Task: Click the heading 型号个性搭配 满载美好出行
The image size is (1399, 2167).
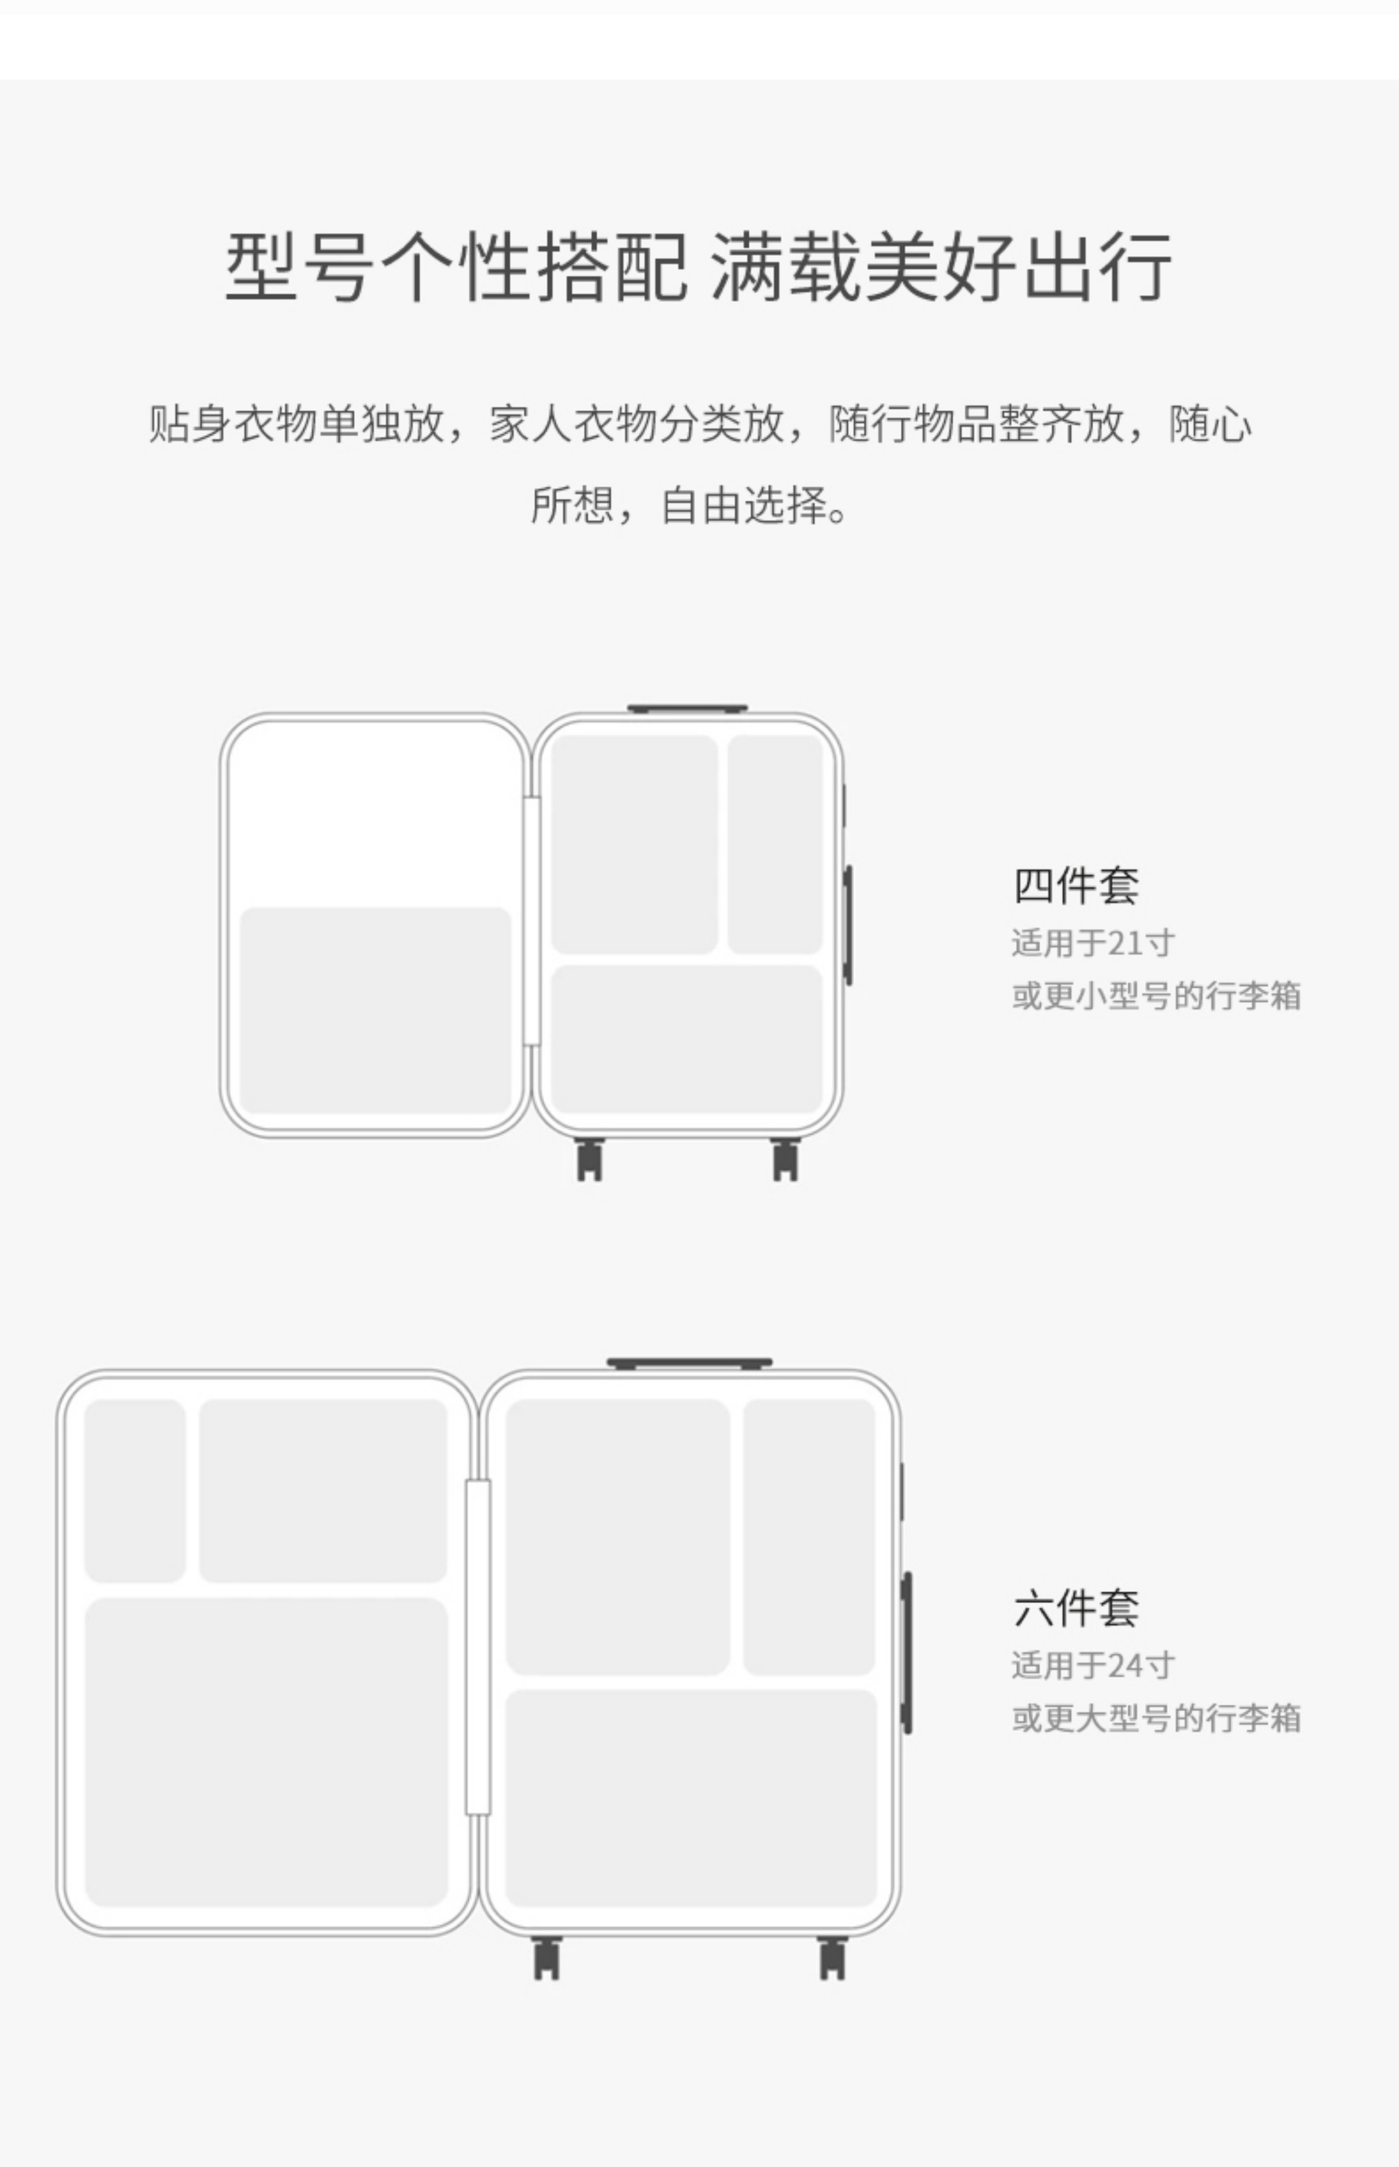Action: click(x=698, y=266)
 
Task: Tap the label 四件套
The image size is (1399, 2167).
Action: click(x=1076, y=885)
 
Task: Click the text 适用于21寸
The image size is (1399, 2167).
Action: click(x=1093, y=943)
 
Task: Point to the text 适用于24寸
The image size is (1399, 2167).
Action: click(x=1093, y=1665)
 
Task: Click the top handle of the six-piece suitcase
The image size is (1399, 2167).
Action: click(x=689, y=1363)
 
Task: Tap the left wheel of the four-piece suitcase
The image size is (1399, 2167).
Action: click(x=589, y=1160)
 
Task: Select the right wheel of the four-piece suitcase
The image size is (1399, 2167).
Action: click(x=785, y=1160)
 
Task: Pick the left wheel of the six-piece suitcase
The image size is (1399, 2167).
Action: click(x=546, y=1958)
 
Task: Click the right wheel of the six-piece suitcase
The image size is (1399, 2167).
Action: click(x=832, y=1958)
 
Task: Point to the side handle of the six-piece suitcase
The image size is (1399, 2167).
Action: click(x=907, y=1652)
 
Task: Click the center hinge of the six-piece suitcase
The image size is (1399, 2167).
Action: click(x=478, y=1647)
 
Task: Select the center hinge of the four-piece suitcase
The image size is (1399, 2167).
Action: click(x=531, y=920)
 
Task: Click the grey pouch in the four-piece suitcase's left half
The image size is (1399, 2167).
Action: click(x=375, y=1010)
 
